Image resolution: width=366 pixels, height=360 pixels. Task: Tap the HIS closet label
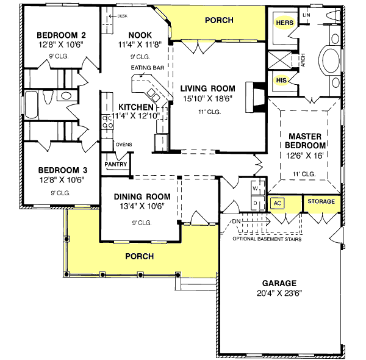click(281, 80)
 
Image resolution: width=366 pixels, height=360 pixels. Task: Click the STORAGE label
click(320, 201)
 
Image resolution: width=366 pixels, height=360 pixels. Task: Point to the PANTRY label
click(115, 164)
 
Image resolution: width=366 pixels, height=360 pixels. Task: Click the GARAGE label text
click(279, 283)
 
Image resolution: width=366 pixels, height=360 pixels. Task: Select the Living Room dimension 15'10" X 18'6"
click(206, 98)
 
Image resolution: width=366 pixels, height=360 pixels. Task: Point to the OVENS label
click(124, 145)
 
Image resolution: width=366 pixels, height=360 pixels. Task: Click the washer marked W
click(256, 189)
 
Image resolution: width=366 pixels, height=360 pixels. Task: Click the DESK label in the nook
click(123, 16)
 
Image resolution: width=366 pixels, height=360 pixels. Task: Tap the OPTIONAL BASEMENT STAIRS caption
click(267, 239)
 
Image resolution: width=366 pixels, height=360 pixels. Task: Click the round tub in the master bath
click(332, 62)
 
